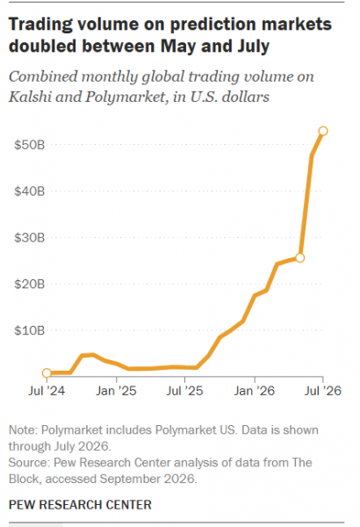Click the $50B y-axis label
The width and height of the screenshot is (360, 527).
pos(29,145)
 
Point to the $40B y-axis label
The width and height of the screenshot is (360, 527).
pos(29,191)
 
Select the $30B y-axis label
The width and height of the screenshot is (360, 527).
pos(29,238)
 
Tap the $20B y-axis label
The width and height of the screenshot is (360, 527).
pos(29,284)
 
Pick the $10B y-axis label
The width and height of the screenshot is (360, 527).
pos(29,330)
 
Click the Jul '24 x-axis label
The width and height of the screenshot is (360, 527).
pos(47,391)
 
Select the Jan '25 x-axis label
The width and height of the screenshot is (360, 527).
pos(116,391)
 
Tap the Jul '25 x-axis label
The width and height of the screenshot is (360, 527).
pos(185,391)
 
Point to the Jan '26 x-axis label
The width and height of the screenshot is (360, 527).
pos(255,391)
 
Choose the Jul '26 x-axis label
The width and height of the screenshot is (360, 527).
pos(323,391)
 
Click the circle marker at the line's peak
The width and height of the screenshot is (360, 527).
pos(323,131)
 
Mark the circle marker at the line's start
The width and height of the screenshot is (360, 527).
pos(47,372)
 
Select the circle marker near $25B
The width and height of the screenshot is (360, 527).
pos(299,257)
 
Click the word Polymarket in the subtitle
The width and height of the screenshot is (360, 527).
pos(125,97)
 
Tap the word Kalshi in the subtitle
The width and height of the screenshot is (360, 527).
pos(30,97)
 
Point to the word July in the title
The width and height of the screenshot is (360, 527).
pos(254,47)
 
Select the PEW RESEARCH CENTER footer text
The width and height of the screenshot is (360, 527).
pos(80,504)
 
